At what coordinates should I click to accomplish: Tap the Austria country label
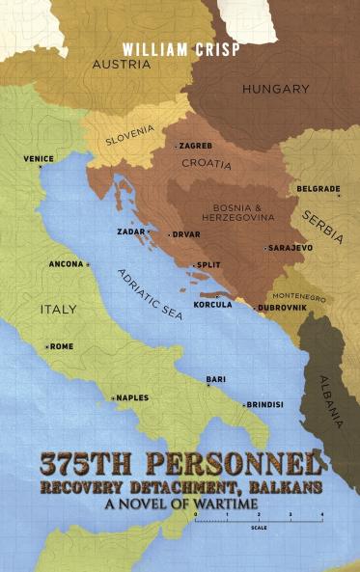click(121, 65)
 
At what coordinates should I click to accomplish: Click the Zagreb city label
click(196, 145)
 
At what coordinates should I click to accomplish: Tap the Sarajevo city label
click(289, 248)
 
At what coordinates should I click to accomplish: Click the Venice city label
click(39, 158)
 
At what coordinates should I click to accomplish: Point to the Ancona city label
click(67, 263)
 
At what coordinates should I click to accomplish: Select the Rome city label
click(61, 346)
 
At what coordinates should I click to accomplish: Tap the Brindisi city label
click(264, 404)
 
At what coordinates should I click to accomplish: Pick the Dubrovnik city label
click(283, 308)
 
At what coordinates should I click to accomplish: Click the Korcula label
click(212, 304)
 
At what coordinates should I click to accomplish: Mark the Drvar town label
click(185, 233)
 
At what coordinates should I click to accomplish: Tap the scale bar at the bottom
click(259, 521)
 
